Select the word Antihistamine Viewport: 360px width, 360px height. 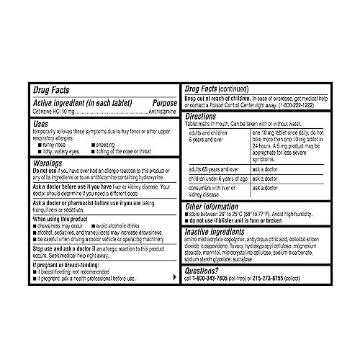coord(158,110)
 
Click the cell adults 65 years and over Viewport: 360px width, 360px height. coord(216,167)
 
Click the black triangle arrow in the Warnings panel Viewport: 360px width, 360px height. coord(173,277)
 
